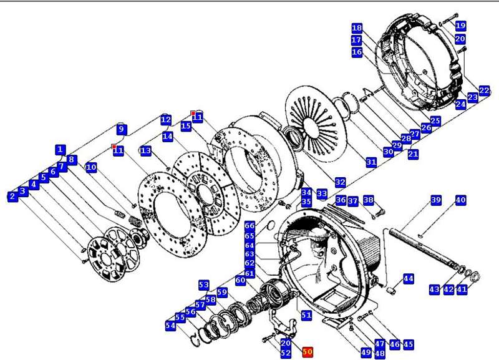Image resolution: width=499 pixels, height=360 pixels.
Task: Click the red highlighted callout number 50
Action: (x=307, y=352)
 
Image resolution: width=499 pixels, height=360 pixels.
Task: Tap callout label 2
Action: (x=12, y=197)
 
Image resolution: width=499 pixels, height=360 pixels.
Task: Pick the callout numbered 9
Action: (x=122, y=130)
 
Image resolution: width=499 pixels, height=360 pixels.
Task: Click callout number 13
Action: (x=145, y=151)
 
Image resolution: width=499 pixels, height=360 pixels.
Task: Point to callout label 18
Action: (x=357, y=29)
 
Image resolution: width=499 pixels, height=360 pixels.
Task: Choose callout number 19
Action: (x=460, y=26)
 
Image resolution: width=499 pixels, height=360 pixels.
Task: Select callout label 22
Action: (x=485, y=90)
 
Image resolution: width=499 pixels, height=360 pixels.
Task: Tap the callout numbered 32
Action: (x=340, y=182)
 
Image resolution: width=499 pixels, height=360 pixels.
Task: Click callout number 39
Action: (x=436, y=200)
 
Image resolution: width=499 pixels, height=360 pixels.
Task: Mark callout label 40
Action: (x=460, y=200)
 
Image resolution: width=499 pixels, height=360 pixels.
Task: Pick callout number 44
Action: (x=408, y=278)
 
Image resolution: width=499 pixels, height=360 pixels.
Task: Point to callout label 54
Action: (x=170, y=326)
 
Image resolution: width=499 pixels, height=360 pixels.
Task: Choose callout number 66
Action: (x=249, y=226)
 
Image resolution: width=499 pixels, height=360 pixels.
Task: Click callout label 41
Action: (x=462, y=289)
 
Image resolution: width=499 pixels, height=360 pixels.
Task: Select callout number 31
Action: (x=371, y=162)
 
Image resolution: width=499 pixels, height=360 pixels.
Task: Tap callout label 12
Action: (x=165, y=119)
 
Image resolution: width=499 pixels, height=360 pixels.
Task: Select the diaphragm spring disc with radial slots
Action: (x=316, y=122)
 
